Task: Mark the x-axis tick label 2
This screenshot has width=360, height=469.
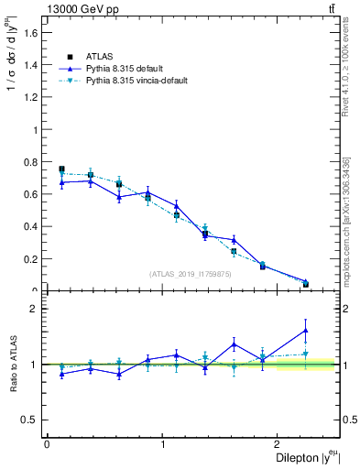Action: (x=281, y=444)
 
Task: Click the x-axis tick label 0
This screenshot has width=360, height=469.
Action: (x=47, y=444)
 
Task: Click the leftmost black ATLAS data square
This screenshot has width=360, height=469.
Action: (x=61, y=169)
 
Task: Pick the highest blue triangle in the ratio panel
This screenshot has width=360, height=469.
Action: (x=305, y=330)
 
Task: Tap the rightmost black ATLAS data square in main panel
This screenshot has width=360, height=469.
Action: (x=305, y=284)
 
